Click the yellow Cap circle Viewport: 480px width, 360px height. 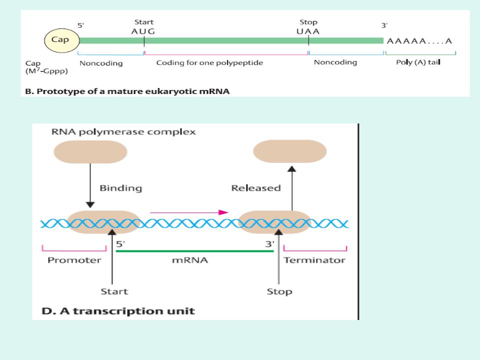62,40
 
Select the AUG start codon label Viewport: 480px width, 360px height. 143,31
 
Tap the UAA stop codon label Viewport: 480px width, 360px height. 308,31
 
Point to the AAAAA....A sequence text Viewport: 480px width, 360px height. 419,41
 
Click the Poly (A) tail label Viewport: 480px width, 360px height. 418,62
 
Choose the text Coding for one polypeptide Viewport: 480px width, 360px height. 209,63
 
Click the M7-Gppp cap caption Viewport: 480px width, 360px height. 46,71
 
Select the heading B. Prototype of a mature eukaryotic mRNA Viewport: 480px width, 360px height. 127,91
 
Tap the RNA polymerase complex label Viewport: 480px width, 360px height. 123,132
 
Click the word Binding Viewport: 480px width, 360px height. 121,188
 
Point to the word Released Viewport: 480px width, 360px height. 256,188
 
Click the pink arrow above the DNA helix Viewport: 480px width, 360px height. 189,212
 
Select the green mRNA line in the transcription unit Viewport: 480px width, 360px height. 194,251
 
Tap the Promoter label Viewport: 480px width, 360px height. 74,260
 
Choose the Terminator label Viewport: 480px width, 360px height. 314,260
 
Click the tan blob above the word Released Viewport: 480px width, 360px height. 289,151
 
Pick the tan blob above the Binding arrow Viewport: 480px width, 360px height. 90,152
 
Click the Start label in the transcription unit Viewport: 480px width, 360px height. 114,291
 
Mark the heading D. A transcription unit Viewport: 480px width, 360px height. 118,311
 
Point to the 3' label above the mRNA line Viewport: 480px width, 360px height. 269,244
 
